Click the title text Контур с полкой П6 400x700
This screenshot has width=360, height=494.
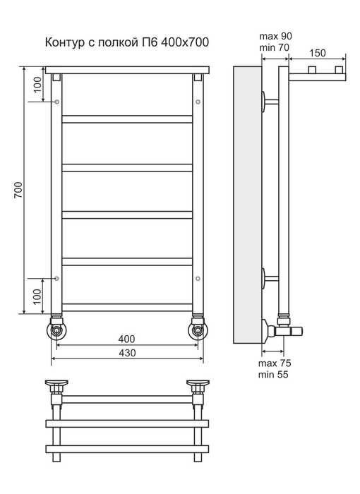(127, 42)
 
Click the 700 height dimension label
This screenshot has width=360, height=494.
(18, 190)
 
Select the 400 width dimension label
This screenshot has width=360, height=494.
(127, 339)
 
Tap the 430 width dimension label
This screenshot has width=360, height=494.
(127, 353)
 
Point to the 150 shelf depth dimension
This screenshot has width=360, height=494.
(318, 53)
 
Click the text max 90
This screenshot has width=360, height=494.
(276, 36)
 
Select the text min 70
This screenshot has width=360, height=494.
(275, 47)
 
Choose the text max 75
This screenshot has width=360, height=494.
(275, 363)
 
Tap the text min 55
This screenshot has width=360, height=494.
(273, 375)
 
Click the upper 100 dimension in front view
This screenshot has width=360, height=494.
(37, 85)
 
